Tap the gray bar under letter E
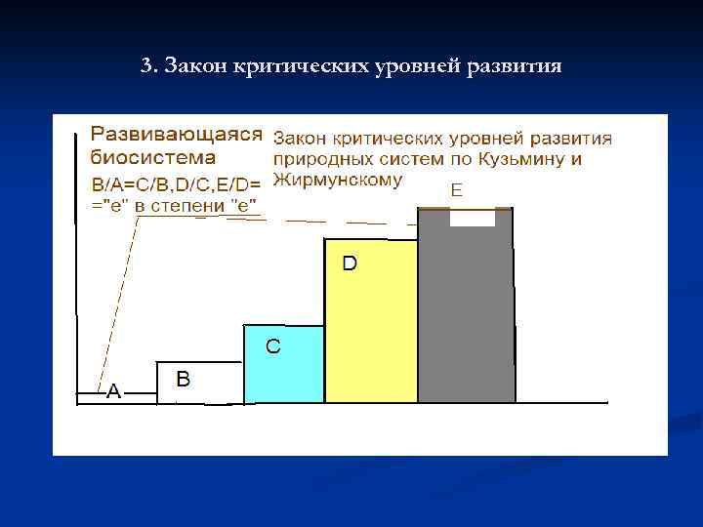(466, 312)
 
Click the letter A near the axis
(113, 391)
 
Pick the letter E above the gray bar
(456, 191)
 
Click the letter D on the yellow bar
(349, 263)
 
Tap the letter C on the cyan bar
(273, 346)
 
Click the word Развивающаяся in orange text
(177, 134)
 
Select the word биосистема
(153, 157)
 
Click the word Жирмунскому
(337, 179)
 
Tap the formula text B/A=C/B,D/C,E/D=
(177, 182)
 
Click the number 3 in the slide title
(145, 67)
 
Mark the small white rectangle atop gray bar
(473, 218)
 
